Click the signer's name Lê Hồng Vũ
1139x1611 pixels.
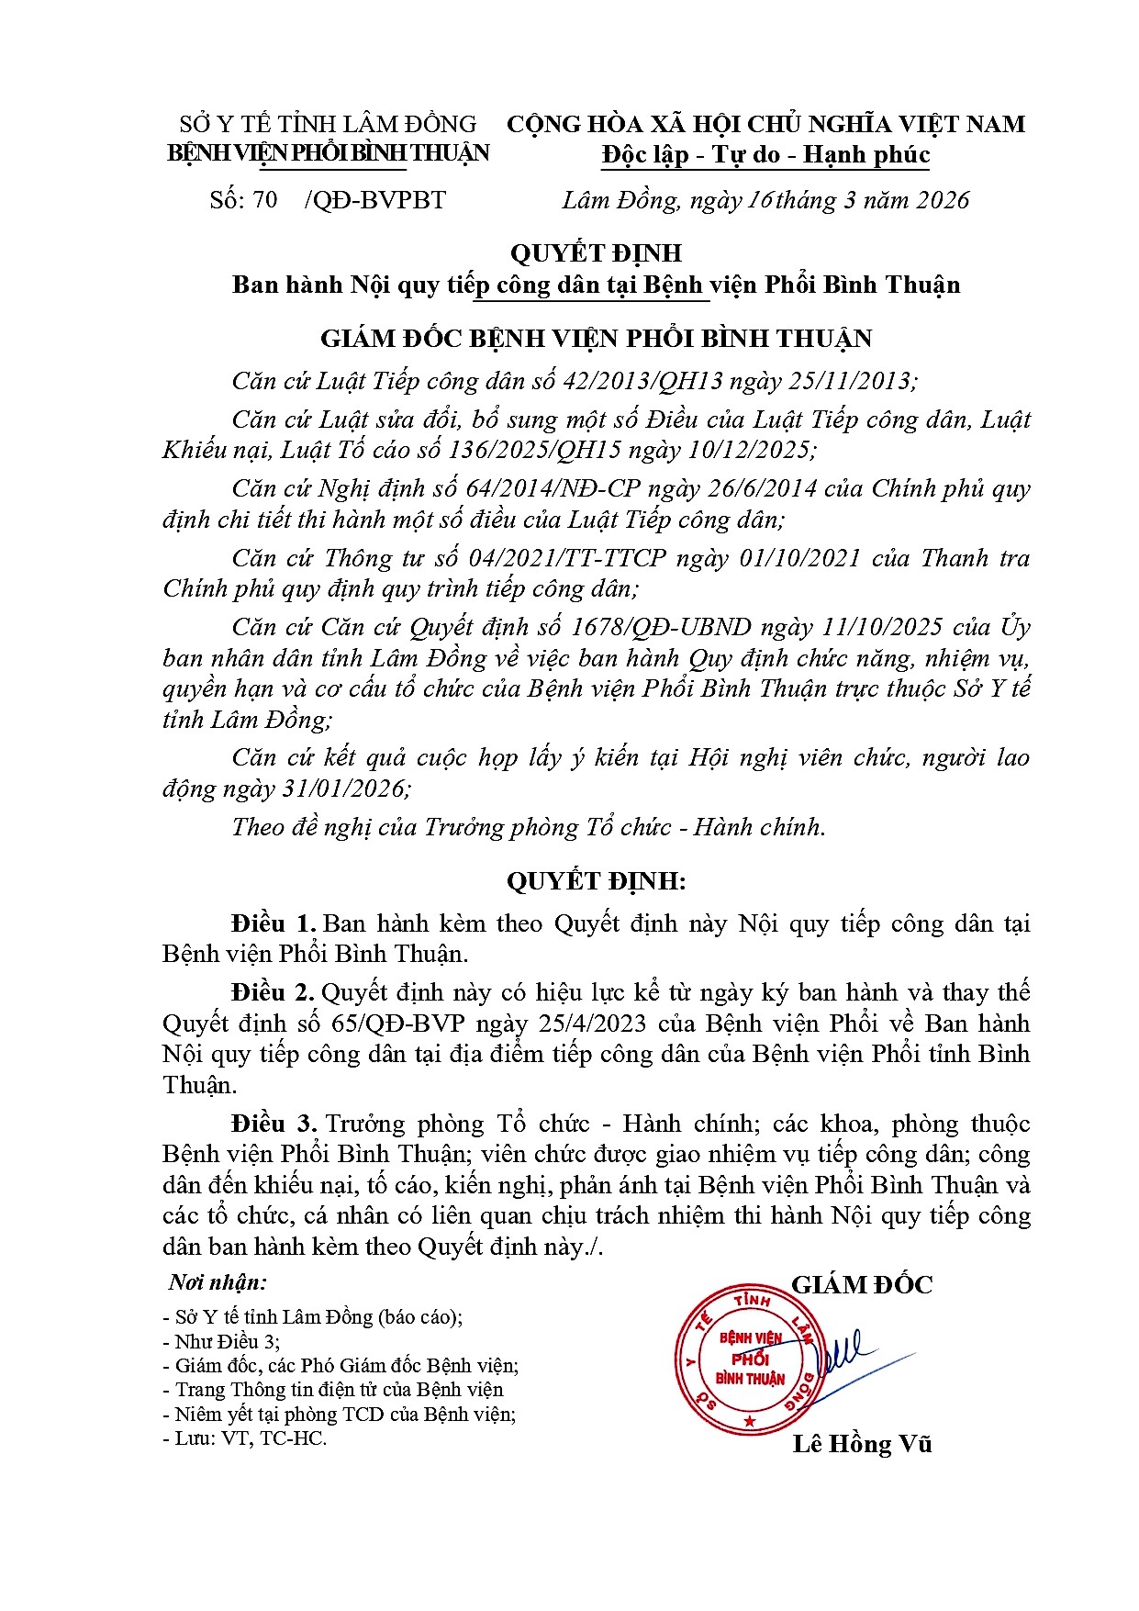tap(862, 1444)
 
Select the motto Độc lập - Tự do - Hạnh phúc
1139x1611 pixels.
tap(765, 154)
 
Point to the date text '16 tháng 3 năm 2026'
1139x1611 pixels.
tap(858, 200)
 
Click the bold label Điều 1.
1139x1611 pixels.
tap(274, 923)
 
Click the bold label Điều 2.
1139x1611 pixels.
tap(274, 992)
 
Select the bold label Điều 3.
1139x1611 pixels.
tap(274, 1124)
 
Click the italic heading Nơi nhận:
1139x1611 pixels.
tap(218, 1282)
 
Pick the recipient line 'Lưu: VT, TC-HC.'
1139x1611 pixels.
tap(250, 1438)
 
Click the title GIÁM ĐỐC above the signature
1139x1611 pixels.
tap(862, 1284)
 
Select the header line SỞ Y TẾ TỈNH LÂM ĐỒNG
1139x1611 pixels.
tap(328, 124)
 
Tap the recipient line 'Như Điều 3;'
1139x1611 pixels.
tap(227, 1341)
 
